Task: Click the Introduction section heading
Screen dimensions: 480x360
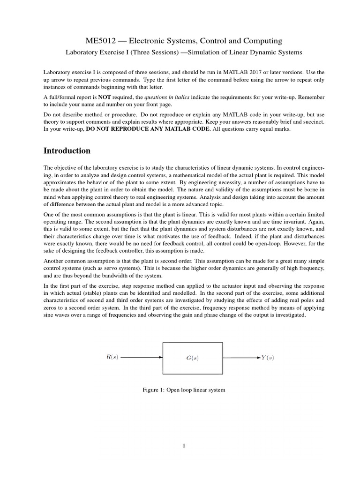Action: click(x=67, y=151)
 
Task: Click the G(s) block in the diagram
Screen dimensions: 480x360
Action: click(x=192, y=358)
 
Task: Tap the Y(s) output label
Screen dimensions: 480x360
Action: click(x=268, y=358)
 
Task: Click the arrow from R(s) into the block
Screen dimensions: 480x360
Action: click(x=141, y=358)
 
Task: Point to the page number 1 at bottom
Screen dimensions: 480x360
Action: click(x=185, y=446)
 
